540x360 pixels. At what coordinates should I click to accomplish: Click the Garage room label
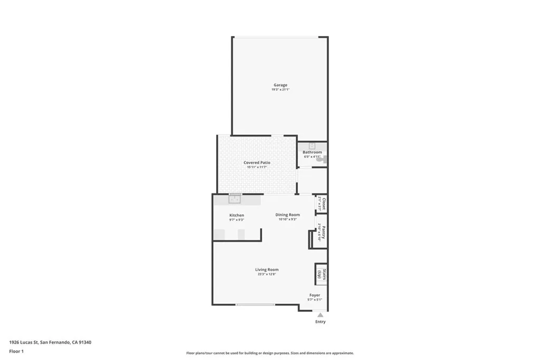pyautogui.click(x=280, y=85)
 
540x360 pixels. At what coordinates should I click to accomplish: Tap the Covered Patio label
pyautogui.click(x=257, y=163)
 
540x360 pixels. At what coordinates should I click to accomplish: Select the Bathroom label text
pyautogui.click(x=312, y=152)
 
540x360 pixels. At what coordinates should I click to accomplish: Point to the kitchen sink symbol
pyautogui.click(x=235, y=199)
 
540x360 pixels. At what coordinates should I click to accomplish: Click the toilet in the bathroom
pyautogui.click(x=324, y=159)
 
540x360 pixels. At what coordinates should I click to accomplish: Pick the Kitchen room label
pyautogui.click(x=237, y=215)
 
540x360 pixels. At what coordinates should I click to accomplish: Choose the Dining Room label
pyautogui.click(x=287, y=215)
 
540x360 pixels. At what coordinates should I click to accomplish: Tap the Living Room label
pyautogui.click(x=267, y=269)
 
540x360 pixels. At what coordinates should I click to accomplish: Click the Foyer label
pyautogui.click(x=314, y=295)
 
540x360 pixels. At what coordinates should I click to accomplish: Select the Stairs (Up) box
pyautogui.click(x=321, y=274)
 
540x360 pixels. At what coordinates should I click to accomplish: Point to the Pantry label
pyautogui.click(x=323, y=232)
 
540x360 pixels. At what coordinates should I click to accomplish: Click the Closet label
pyautogui.click(x=323, y=204)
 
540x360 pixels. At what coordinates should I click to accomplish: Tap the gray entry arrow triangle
pyautogui.click(x=320, y=315)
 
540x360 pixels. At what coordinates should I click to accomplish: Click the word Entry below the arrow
pyautogui.click(x=320, y=322)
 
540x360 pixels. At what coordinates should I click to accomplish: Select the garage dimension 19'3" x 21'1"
pyautogui.click(x=280, y=90)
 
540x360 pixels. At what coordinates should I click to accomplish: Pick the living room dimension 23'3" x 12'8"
pyautogui.click(x=267, y=274)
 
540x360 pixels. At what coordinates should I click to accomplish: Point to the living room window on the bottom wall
pyautogui.click(x=255, y=305)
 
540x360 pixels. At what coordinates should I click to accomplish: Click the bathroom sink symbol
pyautogui.click(x=312, y=145)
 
